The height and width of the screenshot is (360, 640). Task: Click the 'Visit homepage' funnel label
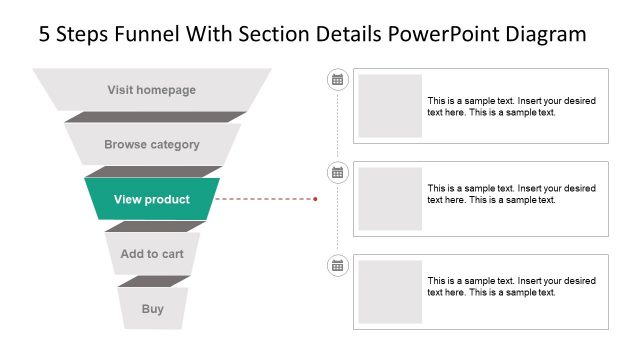point(152,90)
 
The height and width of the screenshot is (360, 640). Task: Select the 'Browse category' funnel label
point(152,145)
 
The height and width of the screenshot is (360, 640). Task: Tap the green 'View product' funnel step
point(152,199)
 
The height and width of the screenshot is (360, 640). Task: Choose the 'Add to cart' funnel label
point(152,254)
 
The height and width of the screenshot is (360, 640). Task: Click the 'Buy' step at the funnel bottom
point(152,309)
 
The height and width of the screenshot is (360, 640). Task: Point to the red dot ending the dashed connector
point(316,199)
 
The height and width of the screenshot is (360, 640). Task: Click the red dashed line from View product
point(265,199)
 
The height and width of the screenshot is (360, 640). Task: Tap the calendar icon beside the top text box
point(337,79)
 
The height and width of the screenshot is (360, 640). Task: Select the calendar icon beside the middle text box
point(337,172)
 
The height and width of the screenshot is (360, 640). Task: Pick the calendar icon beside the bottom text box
point(337,265)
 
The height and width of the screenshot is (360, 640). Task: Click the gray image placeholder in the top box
point(390,106)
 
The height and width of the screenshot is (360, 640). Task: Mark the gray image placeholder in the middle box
point(390,199)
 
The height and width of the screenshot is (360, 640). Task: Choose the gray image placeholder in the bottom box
point(390,292)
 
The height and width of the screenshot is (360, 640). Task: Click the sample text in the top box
point(511,107)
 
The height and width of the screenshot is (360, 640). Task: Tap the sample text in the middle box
point(511,194)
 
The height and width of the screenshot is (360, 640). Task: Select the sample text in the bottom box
point(511,287)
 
